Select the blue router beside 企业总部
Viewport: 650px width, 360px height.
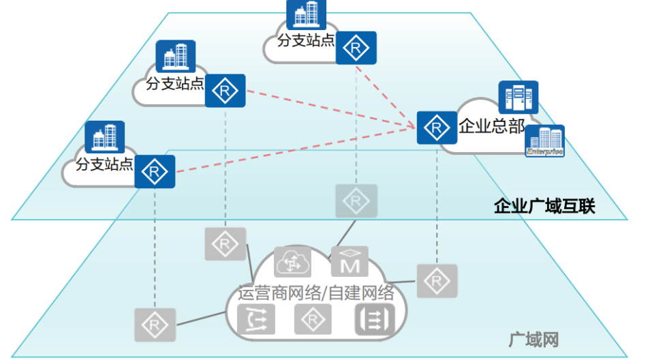tap(437, 127)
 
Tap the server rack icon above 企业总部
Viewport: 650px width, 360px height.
tap(518, 97)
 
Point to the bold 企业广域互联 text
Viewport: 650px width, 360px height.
tap(544, 206)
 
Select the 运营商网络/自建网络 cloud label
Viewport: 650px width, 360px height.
tap(315, 294)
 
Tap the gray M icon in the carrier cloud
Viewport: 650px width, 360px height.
tap(350, 262)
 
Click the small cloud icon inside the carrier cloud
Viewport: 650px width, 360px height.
tap(292, 262)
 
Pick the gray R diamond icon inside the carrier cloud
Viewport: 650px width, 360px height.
tap(313, 319)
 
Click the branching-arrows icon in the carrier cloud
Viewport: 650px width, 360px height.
tap(257, 319)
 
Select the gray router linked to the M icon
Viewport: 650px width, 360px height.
tap(355, 200)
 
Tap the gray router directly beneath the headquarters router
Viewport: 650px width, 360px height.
tap(437, 280)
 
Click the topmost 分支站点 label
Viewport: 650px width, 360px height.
tap(306, 40)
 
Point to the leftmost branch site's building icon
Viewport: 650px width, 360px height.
tap(104, 137)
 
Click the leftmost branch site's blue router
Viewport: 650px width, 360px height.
tap(155, 171)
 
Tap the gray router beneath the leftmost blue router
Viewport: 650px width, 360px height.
tap(155, 324)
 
